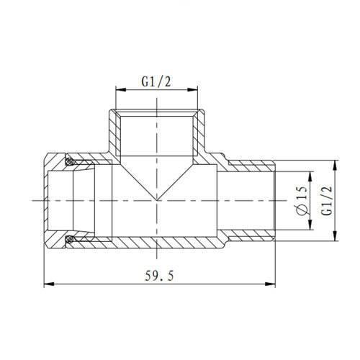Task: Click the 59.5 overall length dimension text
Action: coord(159,276)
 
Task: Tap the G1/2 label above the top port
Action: coord(156,81)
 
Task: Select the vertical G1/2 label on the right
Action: coord(327,201)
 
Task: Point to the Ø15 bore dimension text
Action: coord(302,201)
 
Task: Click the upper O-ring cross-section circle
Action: coord(70,161)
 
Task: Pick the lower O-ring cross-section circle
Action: coord(70,239)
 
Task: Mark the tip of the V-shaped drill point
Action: coord(157,200)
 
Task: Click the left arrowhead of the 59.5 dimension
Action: coord(49,284)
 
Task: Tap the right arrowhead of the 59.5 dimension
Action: coord(270,284)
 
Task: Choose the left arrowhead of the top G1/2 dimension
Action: coord(121,90)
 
